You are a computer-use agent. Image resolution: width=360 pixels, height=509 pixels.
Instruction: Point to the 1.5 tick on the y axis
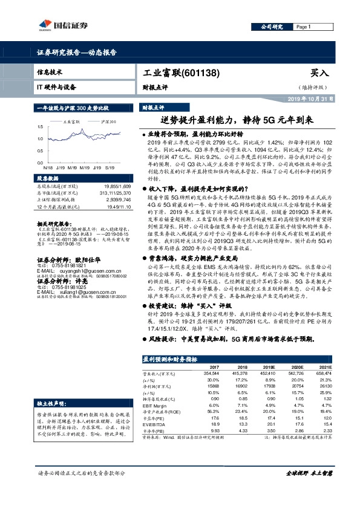[39, 127]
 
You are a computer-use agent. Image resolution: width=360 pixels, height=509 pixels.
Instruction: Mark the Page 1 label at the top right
[303, 27]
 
